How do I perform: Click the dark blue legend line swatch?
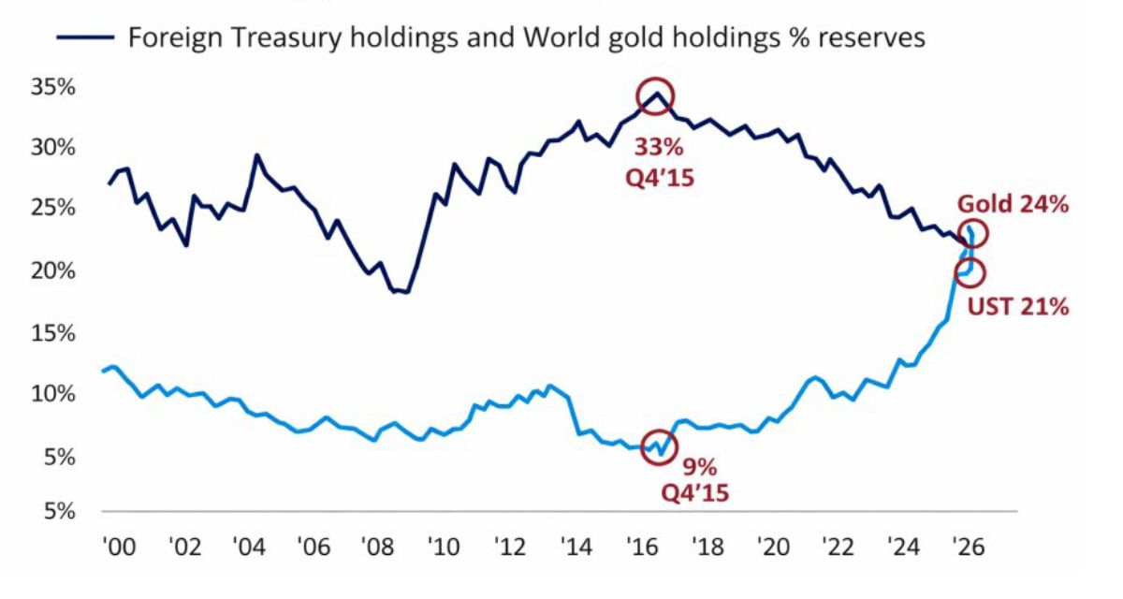pos(85,37)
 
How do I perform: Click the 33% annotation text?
pos(660,147)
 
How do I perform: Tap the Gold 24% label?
pos(1012,205)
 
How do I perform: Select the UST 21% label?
pos(1018,305)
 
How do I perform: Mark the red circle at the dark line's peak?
pos(655,96)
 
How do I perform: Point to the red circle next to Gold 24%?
pos(971,234)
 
